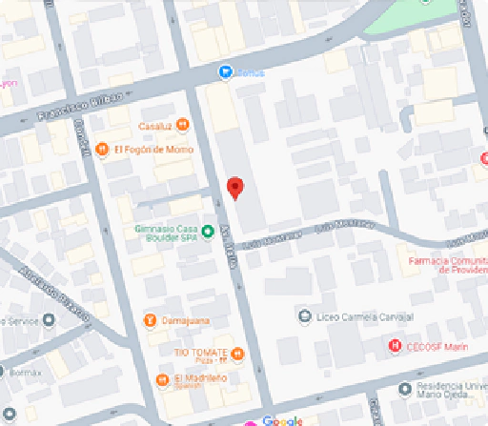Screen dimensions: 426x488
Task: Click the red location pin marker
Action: (234, 188)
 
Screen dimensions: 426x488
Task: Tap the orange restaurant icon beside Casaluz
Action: (181, 125)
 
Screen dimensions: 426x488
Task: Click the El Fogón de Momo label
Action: (153, 150)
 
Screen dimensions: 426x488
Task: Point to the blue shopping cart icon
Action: (224, 71)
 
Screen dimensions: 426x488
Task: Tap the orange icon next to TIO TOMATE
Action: (237, 355)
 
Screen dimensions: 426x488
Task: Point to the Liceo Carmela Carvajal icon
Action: (304, 315)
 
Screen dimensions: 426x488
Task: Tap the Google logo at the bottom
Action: (283, 420)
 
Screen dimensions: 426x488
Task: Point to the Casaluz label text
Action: (153, 125)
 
